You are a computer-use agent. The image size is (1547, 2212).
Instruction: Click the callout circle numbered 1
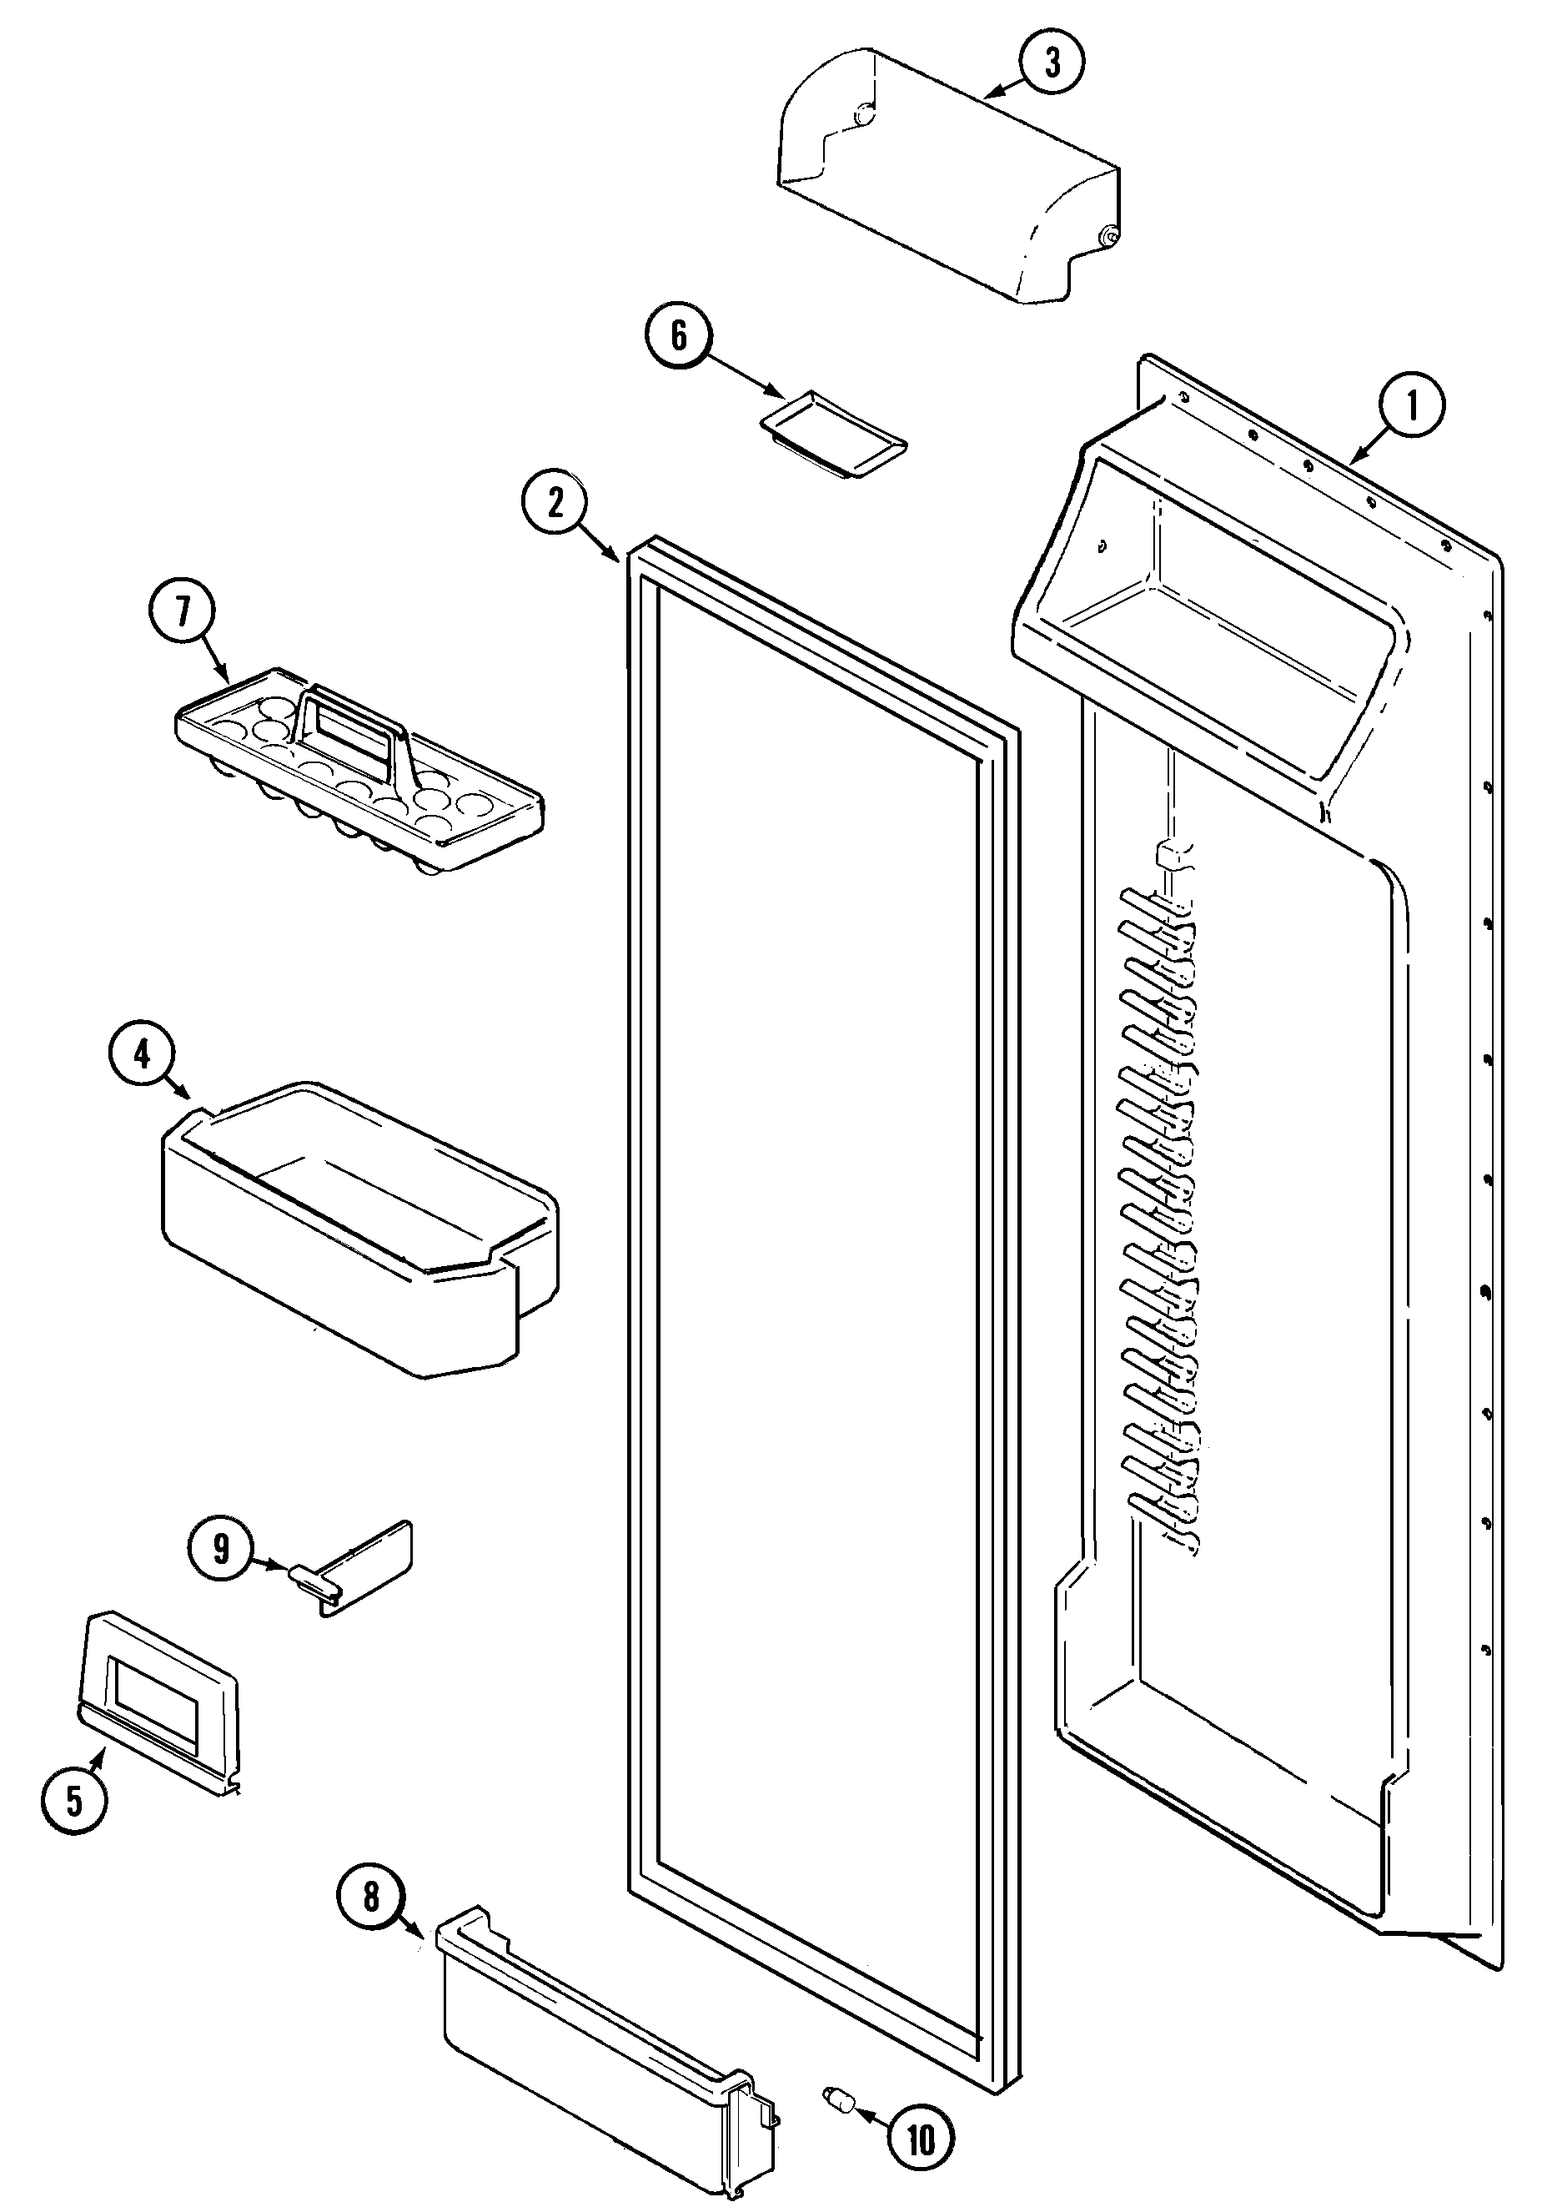1411,406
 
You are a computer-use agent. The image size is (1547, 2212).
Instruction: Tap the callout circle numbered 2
555,503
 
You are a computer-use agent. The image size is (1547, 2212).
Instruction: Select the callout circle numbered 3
1052,63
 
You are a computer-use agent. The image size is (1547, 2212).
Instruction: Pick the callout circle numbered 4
142,1055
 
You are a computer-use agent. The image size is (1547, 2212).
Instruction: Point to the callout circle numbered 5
74,1800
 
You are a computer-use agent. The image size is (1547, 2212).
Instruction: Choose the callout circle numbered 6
678,336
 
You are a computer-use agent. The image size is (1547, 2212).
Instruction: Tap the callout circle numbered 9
222,1548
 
